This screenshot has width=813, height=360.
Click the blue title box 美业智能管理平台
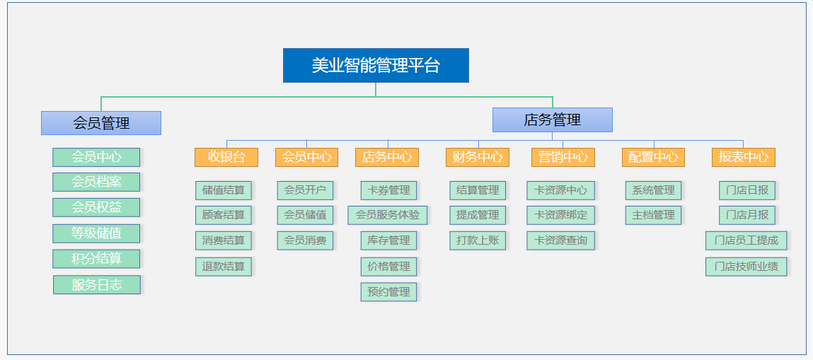376,65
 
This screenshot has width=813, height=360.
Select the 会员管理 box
101,123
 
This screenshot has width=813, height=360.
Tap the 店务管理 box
552,120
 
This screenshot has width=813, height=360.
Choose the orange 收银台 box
226,157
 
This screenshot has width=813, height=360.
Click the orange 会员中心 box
306,157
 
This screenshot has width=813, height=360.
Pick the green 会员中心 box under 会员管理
96,157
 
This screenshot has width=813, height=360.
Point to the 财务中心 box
478,157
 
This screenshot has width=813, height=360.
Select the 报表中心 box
744,157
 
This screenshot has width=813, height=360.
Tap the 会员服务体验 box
388,215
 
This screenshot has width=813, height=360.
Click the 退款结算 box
224,267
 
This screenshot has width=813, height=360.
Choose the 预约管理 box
389,292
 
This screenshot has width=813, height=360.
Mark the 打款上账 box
478,240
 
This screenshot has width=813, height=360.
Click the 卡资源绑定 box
561,215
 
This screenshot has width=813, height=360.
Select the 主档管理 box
653,215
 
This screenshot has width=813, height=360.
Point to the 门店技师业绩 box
746,267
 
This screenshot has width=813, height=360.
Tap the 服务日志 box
97,285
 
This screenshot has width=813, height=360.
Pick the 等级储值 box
96,233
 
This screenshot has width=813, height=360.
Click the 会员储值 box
306,215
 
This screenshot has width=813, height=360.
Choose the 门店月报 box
747,215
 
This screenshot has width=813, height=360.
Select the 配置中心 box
653,157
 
